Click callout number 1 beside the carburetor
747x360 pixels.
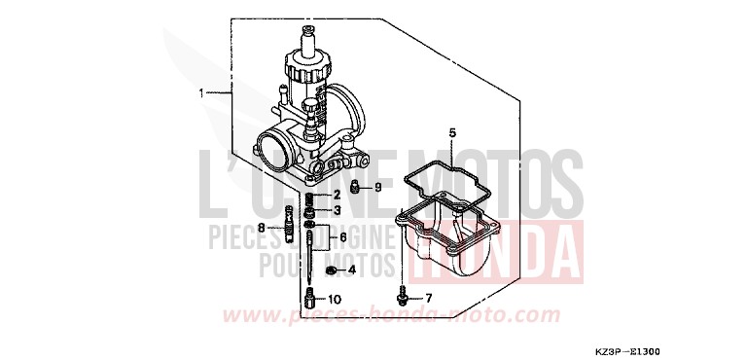[x=200, y=93]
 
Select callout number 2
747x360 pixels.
[x=338, y=196]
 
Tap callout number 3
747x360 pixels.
[x=338, y=210]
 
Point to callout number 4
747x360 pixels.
[x=351, y=269]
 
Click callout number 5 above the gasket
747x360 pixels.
[x=451, y=131]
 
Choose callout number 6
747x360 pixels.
[x=341, y=237]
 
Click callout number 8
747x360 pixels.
[x=261, y=228]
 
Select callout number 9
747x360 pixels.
[x=378, y=187]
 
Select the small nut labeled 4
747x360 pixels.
[x=332, y=269]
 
